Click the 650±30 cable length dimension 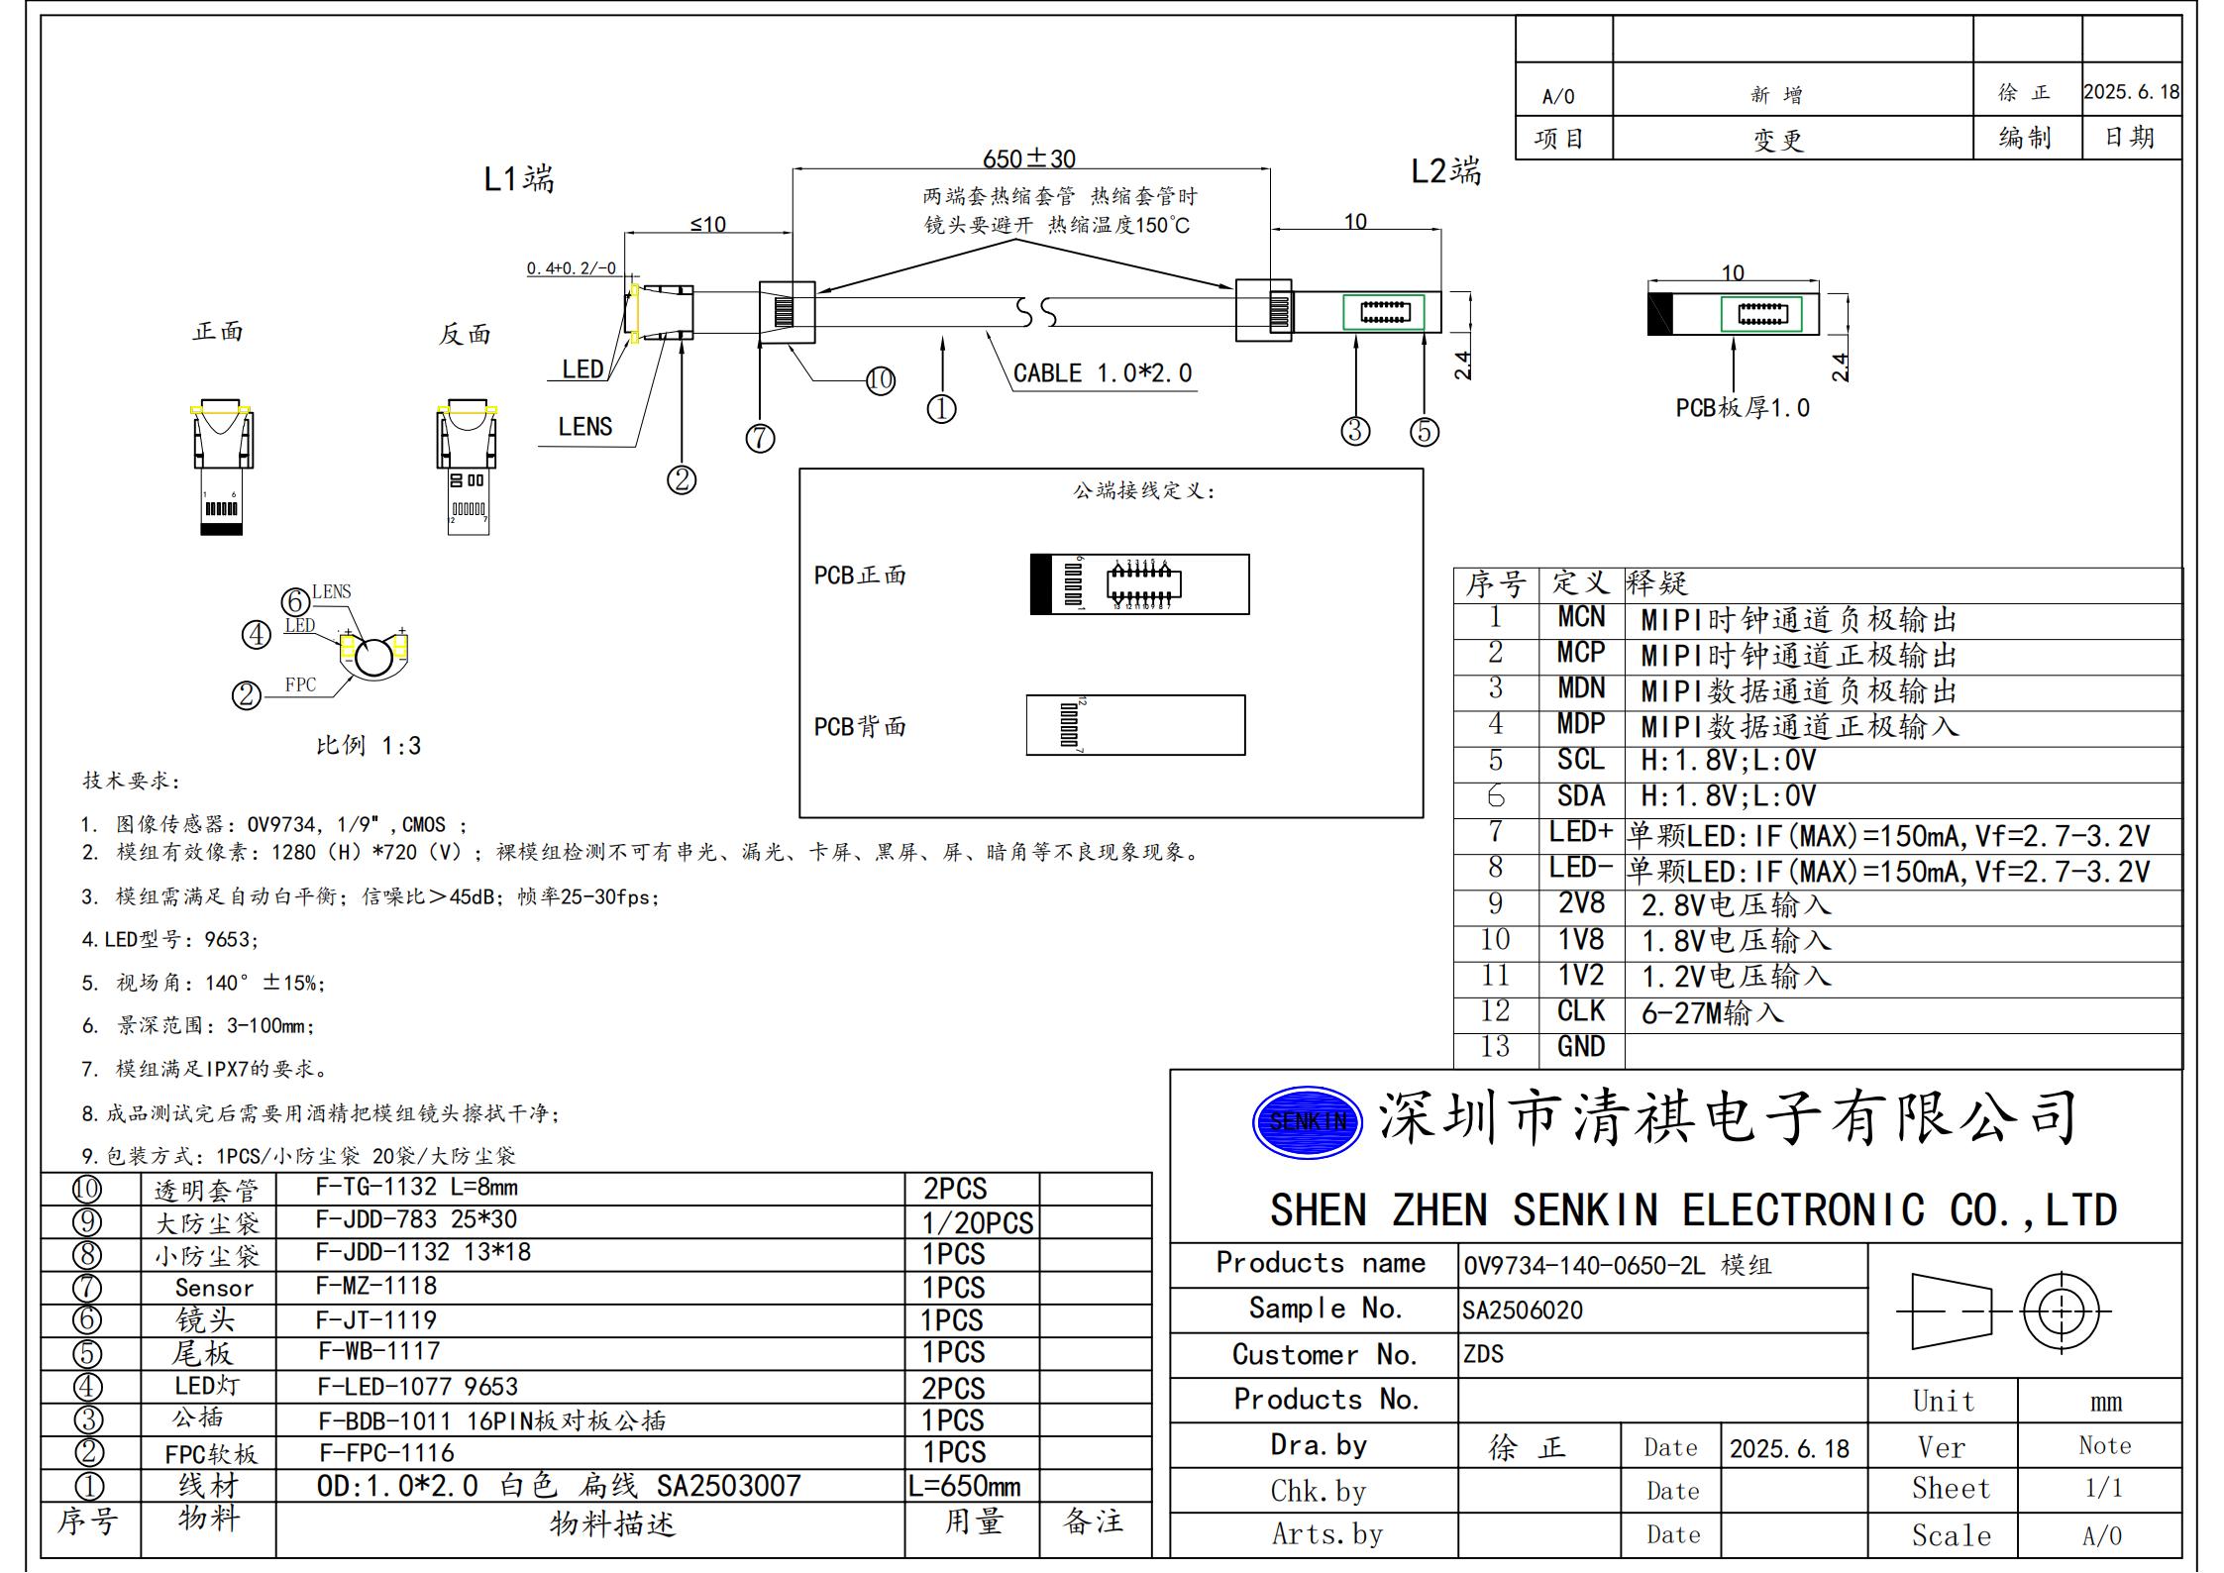[1028, 158]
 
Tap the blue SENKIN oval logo [1308, 1121]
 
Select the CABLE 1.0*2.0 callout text [1102, 373]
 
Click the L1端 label [518, 179]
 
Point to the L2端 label [1445, 172]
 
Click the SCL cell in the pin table [1580, 760]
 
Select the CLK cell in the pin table [1580, 1010]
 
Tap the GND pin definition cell [1580, 1047]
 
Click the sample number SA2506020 [1523, 1311]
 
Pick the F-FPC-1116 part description [386, 1453]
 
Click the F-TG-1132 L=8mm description [416, 1187]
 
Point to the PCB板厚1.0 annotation [1742, 408]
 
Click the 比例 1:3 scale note [369, 746]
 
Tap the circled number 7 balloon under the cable [760, 438]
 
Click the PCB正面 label [860, 576]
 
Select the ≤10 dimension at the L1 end [707, 225]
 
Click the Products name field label [1320, 1263]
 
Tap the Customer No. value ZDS [1483, 1354]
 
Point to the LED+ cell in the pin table [1580, 832]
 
